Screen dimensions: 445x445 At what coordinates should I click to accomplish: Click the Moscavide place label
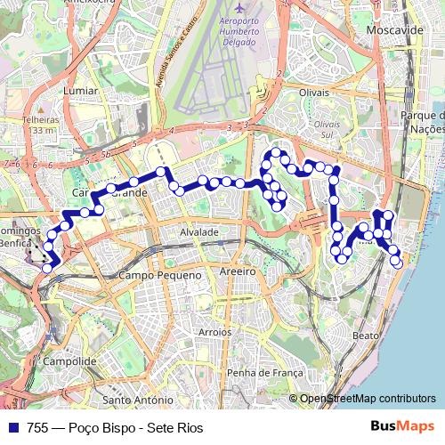(x=395, y=29)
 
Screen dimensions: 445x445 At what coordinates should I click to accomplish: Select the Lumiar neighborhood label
(x=81, y=90)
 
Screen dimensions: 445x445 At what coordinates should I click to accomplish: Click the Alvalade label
(x=199, y=231)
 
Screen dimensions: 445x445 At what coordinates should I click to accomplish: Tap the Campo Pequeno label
(x=161, y=277)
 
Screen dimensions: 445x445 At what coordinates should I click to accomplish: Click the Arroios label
(x=214, y=332)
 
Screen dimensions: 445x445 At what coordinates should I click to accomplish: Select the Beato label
(x=366, y=336)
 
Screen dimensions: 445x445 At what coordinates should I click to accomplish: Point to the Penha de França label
(x=259, y=372)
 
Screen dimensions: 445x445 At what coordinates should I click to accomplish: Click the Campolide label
(x=69, y=361)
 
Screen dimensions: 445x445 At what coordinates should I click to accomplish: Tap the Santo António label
(x=137, y=400)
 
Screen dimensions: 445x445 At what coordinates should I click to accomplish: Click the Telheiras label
(x=40, y=119)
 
